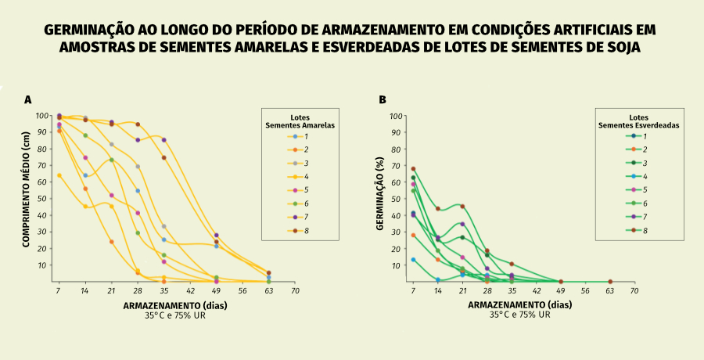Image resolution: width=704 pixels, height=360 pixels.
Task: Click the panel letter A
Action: (27, 99)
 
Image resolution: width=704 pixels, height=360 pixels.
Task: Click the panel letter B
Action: (383, 99)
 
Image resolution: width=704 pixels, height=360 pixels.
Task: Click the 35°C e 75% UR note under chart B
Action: (519, 315)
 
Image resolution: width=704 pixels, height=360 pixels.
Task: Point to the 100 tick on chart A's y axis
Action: (43, 116)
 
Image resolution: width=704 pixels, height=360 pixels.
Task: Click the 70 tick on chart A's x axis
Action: (295, 290)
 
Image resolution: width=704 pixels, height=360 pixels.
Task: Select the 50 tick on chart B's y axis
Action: (397, 199)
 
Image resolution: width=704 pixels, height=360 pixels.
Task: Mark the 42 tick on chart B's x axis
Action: (537, 290)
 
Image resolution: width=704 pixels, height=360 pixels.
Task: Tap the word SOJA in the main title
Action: (623, 47)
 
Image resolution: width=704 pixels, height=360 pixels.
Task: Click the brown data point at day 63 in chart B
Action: (610, 282)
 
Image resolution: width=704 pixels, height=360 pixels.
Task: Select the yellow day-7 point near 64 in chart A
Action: (59, 175)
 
